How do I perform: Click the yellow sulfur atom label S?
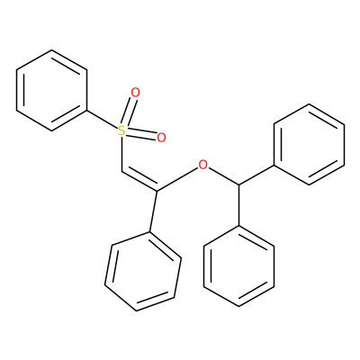[121, 130]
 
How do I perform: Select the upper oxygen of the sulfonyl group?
[135, 93]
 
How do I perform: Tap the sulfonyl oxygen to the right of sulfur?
[161, 138]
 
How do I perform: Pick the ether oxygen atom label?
[203, 164]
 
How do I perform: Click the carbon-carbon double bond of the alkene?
[139, 180]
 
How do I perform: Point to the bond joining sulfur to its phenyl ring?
[102, 121]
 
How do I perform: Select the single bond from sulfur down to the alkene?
[121, 154]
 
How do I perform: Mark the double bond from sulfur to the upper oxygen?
[130, 111]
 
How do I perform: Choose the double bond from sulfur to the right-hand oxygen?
[141, 134]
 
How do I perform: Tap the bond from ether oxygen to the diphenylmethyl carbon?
[223, 175]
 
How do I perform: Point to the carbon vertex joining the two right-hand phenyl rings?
[239, 184]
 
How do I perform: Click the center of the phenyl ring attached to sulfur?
[51, 90]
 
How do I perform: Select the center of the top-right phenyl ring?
[310, 144]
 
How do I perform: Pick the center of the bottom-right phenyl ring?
[239, 265]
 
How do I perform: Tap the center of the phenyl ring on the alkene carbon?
[143, 271]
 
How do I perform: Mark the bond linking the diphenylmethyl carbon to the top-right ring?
[256, 175]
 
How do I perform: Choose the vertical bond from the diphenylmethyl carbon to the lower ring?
[239, 204]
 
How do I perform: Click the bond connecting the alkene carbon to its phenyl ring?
[153, 211]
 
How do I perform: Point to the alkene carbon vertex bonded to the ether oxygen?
[157, 191]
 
